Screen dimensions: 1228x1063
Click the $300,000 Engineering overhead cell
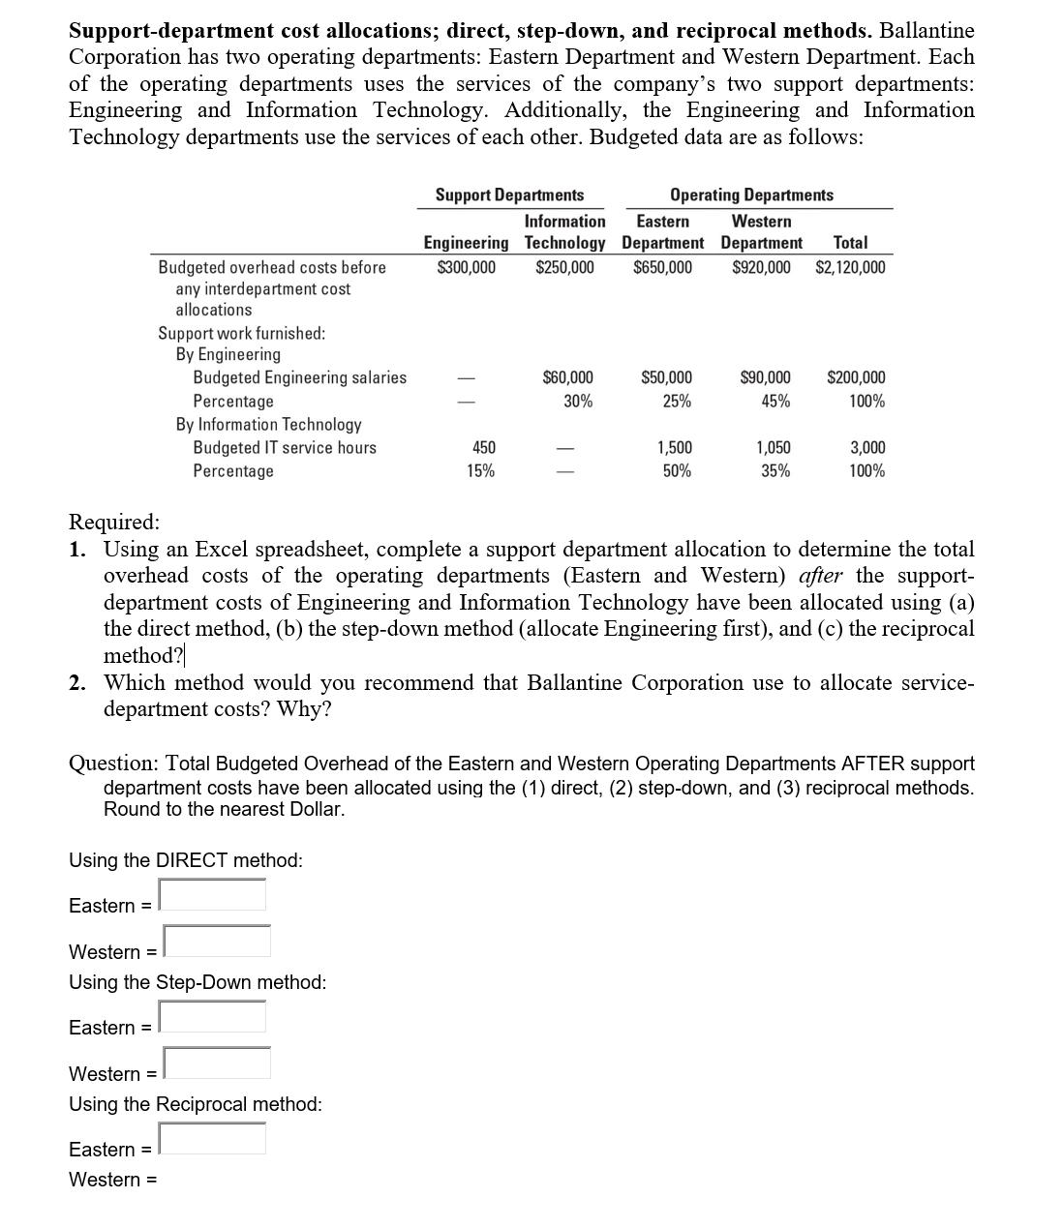point(467,267)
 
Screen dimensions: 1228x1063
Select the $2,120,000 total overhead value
point(850,267)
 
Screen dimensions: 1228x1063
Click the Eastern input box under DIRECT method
point(213,895)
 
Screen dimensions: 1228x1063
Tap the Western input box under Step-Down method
point(217,1063)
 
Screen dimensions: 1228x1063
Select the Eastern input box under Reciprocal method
point(213,1139)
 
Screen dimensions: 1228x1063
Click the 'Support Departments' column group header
point(509,195)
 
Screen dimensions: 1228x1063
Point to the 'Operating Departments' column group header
point(751,195)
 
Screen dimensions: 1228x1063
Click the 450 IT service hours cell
point(483,447)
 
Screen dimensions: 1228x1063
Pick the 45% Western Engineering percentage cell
point(774,401)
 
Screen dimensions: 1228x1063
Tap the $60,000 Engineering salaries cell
point(567,377)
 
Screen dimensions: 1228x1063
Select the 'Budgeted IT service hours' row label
point(285,447)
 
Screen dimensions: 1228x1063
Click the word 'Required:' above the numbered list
point(114,522)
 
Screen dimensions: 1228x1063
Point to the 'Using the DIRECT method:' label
point(186,860)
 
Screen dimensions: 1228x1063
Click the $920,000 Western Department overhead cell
point(761,267)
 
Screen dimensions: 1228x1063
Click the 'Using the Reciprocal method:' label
point(196,1104)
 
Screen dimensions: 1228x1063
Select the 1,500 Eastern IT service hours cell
point(675,447)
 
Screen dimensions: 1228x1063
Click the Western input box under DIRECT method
point(217,942)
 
